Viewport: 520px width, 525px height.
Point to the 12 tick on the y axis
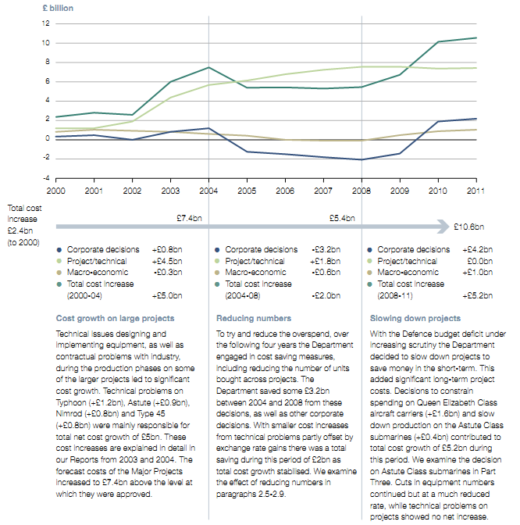(46, 23)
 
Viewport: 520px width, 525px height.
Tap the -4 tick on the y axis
(46, 178)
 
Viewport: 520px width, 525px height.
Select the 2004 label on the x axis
(209, 191)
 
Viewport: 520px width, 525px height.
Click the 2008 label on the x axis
(362, 191)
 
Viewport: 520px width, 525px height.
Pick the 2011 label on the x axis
(475, 191)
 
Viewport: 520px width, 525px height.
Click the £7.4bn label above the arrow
(190, 218)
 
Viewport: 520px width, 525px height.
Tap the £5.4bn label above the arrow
(341, 218)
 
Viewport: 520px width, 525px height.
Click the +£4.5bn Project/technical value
(167, 261)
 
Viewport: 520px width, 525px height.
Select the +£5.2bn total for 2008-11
(483, 296)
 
